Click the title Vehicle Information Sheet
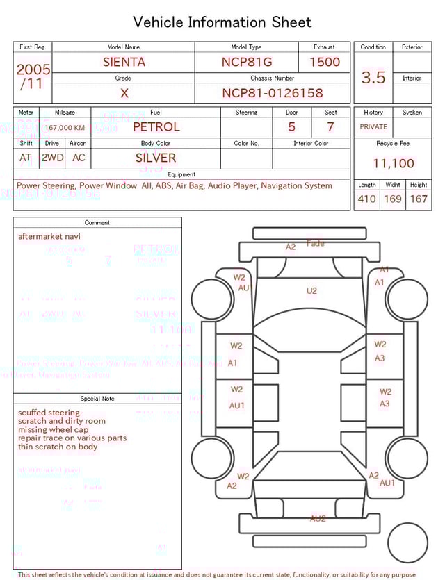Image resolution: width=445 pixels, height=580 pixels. [x=222, y=22]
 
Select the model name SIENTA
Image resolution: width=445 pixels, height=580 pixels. [x=124, y=62]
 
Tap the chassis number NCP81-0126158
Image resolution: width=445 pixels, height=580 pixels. [x=273, y=93]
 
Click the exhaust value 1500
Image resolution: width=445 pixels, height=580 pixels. [x=324, y=62]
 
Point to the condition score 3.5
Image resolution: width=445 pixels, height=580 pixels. [x=373, y=78]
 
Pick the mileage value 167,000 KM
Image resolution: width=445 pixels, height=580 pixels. [x=65, y=128]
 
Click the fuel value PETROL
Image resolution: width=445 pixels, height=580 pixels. [x=156, y=126]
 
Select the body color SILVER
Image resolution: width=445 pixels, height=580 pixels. [x=156, y=158]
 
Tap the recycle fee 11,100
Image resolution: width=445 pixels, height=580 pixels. [x=393, y=163]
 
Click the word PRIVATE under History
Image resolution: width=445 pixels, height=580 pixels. [x=373, y=127]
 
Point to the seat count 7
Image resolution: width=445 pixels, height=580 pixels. [x=330, y=127]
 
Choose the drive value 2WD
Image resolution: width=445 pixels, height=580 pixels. [x=52, y=158]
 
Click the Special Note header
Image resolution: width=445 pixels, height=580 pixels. [x=97, y=399]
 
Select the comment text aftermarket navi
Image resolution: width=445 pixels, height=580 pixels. [x=49, y=236]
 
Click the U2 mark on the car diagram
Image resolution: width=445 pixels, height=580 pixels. [x=311, y=290]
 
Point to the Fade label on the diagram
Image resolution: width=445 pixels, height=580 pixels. [x=316, y=243]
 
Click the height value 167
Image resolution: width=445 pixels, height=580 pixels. [x=419, y=199]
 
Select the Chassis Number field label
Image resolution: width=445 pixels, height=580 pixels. [x=273, y=78]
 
